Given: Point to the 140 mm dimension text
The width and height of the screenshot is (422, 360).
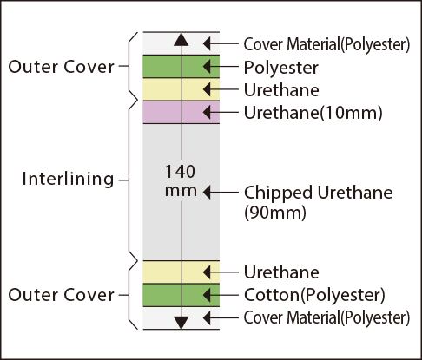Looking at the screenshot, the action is click(181, 180).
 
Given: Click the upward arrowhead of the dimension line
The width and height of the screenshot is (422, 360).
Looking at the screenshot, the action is click(181, 39).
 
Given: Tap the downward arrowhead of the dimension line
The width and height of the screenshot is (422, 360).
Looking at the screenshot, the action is click(181, 323).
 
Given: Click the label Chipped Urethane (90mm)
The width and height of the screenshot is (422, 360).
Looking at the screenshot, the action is click(318, 202).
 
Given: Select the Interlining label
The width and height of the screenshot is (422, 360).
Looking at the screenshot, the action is click(68, 180).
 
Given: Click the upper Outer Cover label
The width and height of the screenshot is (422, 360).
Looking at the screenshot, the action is click(62, 67).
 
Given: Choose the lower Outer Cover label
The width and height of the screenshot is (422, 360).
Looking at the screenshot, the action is click(62, 295).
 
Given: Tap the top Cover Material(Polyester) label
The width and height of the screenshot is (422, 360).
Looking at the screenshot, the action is click(326, 45).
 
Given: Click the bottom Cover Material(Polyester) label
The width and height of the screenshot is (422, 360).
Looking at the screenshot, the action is click(326, 317).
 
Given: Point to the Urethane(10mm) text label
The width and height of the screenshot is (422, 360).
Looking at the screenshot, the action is click(313, 113).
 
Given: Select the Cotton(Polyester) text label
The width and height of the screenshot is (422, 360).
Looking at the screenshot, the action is click(314, 295).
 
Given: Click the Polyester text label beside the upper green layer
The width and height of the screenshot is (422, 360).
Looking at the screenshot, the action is click(281, 69).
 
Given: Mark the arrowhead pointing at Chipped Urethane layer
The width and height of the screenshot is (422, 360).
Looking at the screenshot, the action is click(207, 192).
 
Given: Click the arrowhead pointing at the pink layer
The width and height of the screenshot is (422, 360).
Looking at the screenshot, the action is click(207, 112).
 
